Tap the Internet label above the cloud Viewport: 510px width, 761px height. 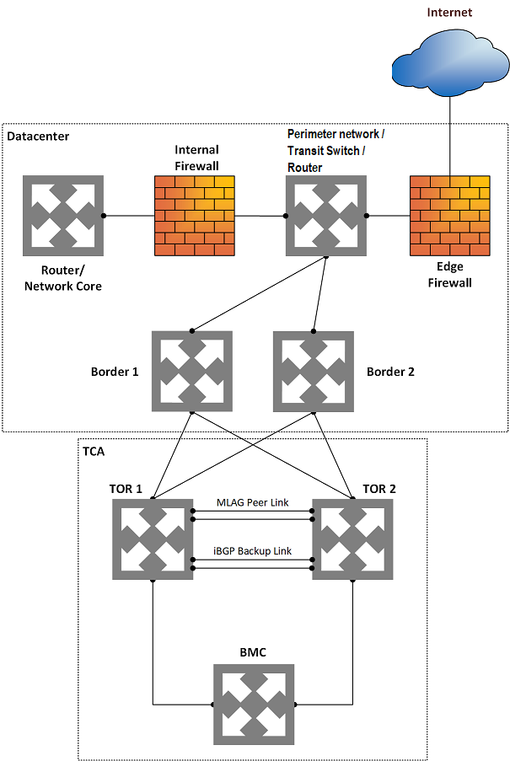449,12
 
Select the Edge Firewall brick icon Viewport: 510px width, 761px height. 449,216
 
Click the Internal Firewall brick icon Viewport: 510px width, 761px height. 194,216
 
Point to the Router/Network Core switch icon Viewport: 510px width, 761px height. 63,216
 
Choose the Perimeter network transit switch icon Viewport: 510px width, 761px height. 325,216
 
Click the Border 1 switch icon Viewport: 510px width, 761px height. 192,371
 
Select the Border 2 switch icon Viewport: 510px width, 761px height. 314,371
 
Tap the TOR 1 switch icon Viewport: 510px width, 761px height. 153,539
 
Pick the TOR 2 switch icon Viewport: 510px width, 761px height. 352,539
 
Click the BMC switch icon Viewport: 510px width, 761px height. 253,704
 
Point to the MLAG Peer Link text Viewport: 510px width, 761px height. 253,502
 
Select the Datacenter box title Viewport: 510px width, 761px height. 39,136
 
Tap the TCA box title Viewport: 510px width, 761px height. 94,450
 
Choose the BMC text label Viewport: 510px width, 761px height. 253,651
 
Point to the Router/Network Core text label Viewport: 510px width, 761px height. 63,278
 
